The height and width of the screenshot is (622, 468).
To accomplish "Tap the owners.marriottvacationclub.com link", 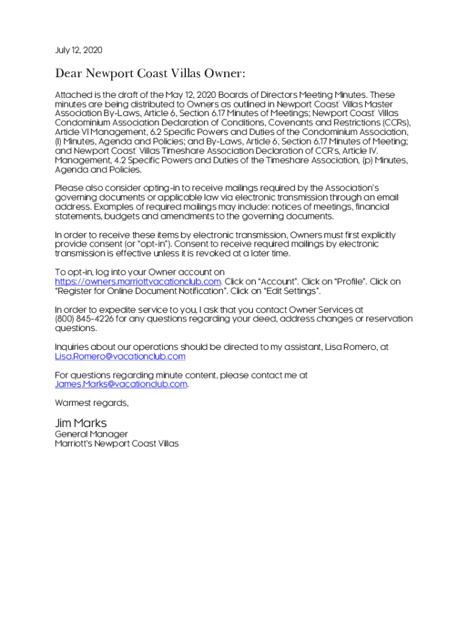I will (137, 282).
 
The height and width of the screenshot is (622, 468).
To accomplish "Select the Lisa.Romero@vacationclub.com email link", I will (120, 357).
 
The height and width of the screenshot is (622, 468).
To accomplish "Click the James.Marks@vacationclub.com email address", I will (121, 384).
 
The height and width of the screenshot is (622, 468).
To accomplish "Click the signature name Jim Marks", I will (81, 423).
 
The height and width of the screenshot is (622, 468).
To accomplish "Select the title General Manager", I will (91, 434).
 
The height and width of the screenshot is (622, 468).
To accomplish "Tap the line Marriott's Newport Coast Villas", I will (117, 444).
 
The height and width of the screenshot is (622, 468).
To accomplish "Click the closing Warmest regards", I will (92, 403).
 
